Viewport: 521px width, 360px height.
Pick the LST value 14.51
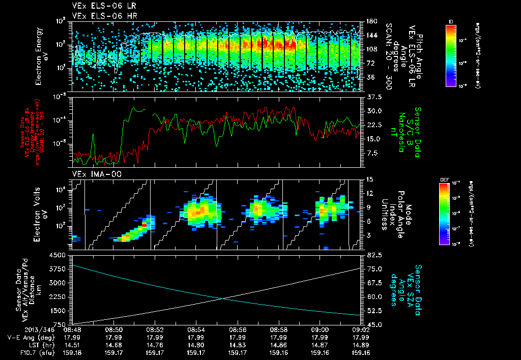(x=72, y=344)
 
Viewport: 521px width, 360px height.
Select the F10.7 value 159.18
(x=72, y=352)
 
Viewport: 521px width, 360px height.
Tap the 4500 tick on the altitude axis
(x=59, y=254)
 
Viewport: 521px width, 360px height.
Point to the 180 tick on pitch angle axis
(x=371, y=21)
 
